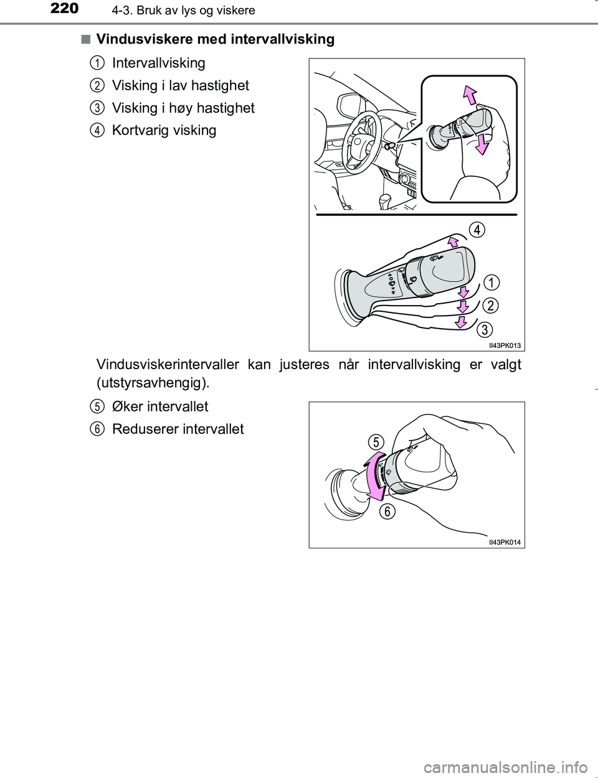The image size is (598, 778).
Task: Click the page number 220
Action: (62, 9)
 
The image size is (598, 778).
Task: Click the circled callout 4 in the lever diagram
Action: (477, 230)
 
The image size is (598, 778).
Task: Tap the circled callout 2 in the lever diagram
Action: (490, 306)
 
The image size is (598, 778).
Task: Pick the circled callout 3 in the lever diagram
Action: (485, 328)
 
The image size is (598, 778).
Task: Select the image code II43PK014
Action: (505, 543)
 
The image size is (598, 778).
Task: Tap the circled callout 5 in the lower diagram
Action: (374, 442)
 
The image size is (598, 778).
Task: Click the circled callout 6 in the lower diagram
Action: (387, 512)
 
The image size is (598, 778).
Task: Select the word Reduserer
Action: (143, 429)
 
